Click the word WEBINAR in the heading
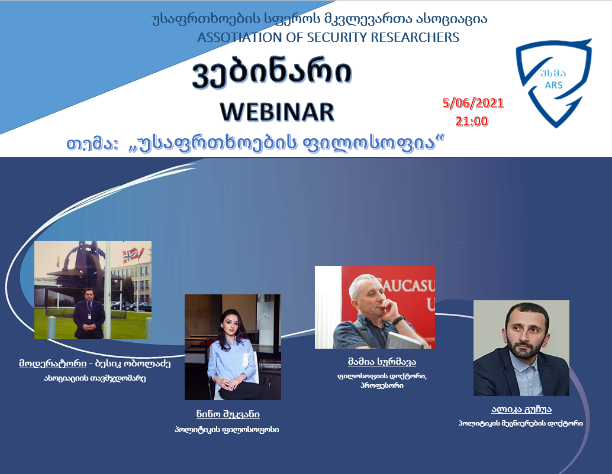(x=277, y=112)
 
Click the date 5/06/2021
(x=473, y=103)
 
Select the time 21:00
(x=472, y=121)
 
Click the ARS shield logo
(x=553, y=83)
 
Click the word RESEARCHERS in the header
(x=415, y=37)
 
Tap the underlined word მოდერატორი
(x=53, y=363)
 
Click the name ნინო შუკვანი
(x=228, y=414)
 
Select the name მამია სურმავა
(x=382, y=362)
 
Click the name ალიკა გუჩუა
(x=521, y=409)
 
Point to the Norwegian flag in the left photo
(x=131, y=256)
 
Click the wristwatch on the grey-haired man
(x=398, y=320)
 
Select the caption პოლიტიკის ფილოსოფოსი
(x=227, y=430)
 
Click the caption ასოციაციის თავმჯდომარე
(x=95, y=378)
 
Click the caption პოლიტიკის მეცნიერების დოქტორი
(x=521, y=423)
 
